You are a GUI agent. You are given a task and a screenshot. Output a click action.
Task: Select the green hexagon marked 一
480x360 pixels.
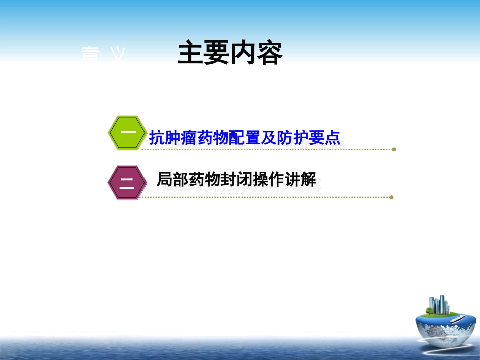[127, 133]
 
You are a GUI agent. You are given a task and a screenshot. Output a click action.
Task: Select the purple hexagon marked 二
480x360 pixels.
[127, 182]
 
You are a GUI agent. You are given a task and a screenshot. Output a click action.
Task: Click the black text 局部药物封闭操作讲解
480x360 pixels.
[236, 179]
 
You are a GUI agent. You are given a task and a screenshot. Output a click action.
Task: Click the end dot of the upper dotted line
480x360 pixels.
[394, 149]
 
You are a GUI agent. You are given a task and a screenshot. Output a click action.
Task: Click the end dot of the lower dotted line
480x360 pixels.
[391, 197]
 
